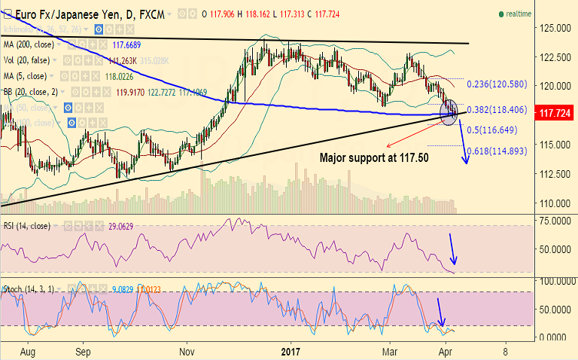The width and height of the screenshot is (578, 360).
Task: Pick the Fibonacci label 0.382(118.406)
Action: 503,109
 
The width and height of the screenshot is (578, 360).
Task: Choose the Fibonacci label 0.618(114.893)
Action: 508,151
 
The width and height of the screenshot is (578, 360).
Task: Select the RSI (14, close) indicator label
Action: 27,226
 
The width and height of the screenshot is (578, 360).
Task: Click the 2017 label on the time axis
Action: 291,351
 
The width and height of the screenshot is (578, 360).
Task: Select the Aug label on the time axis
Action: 29,351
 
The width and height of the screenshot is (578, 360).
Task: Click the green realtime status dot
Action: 501,14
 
